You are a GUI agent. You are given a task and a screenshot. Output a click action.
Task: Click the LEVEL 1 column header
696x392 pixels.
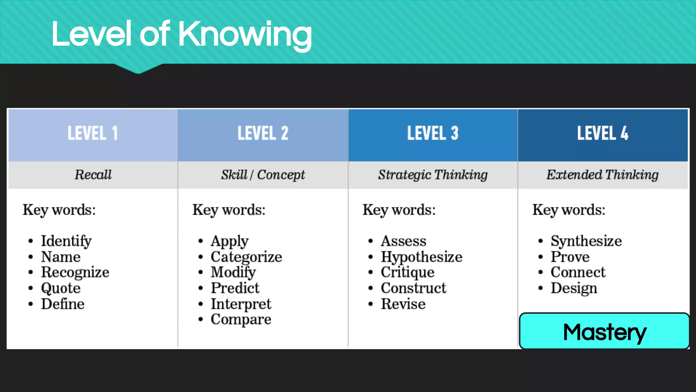point(93,133)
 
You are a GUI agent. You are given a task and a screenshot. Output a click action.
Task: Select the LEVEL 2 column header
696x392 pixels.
point(263,133)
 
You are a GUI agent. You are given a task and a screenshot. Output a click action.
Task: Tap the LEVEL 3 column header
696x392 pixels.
point(433,133)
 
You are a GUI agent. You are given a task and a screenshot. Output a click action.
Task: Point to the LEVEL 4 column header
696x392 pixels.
point(603,133)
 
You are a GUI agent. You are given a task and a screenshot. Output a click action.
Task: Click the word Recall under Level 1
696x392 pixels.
point(93,175)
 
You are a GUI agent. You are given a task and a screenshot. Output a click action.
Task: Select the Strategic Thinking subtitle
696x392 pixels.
point(433,175)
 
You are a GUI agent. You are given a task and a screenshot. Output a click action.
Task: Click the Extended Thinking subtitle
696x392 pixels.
point(602,175)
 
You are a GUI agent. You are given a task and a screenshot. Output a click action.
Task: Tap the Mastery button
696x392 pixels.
point(604,331)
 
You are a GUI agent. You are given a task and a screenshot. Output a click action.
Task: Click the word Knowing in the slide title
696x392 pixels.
point(245,34)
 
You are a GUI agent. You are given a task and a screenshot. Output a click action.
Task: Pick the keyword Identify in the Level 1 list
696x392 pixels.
point(66,241)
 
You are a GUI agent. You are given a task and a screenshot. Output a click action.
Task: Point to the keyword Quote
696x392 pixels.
point(61,288)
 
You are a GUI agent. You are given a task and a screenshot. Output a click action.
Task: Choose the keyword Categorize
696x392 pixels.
point(246,257)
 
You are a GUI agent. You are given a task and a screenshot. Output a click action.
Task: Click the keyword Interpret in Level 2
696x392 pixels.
point(241,304)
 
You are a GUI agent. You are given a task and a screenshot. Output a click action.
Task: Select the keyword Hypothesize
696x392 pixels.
point(421,257)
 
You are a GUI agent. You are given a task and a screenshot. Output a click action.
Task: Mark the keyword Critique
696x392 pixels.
point(407,272)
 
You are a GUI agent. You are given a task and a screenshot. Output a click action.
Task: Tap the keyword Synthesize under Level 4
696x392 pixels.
point(586,241)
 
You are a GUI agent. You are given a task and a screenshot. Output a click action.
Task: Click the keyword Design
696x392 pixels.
point(574,288)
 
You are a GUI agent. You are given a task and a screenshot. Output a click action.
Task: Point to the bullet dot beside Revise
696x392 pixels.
point(370,304)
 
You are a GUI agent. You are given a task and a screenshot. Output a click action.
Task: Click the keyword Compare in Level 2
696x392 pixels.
point(241,320)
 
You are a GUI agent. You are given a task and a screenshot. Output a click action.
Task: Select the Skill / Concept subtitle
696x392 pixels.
point(263,175)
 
